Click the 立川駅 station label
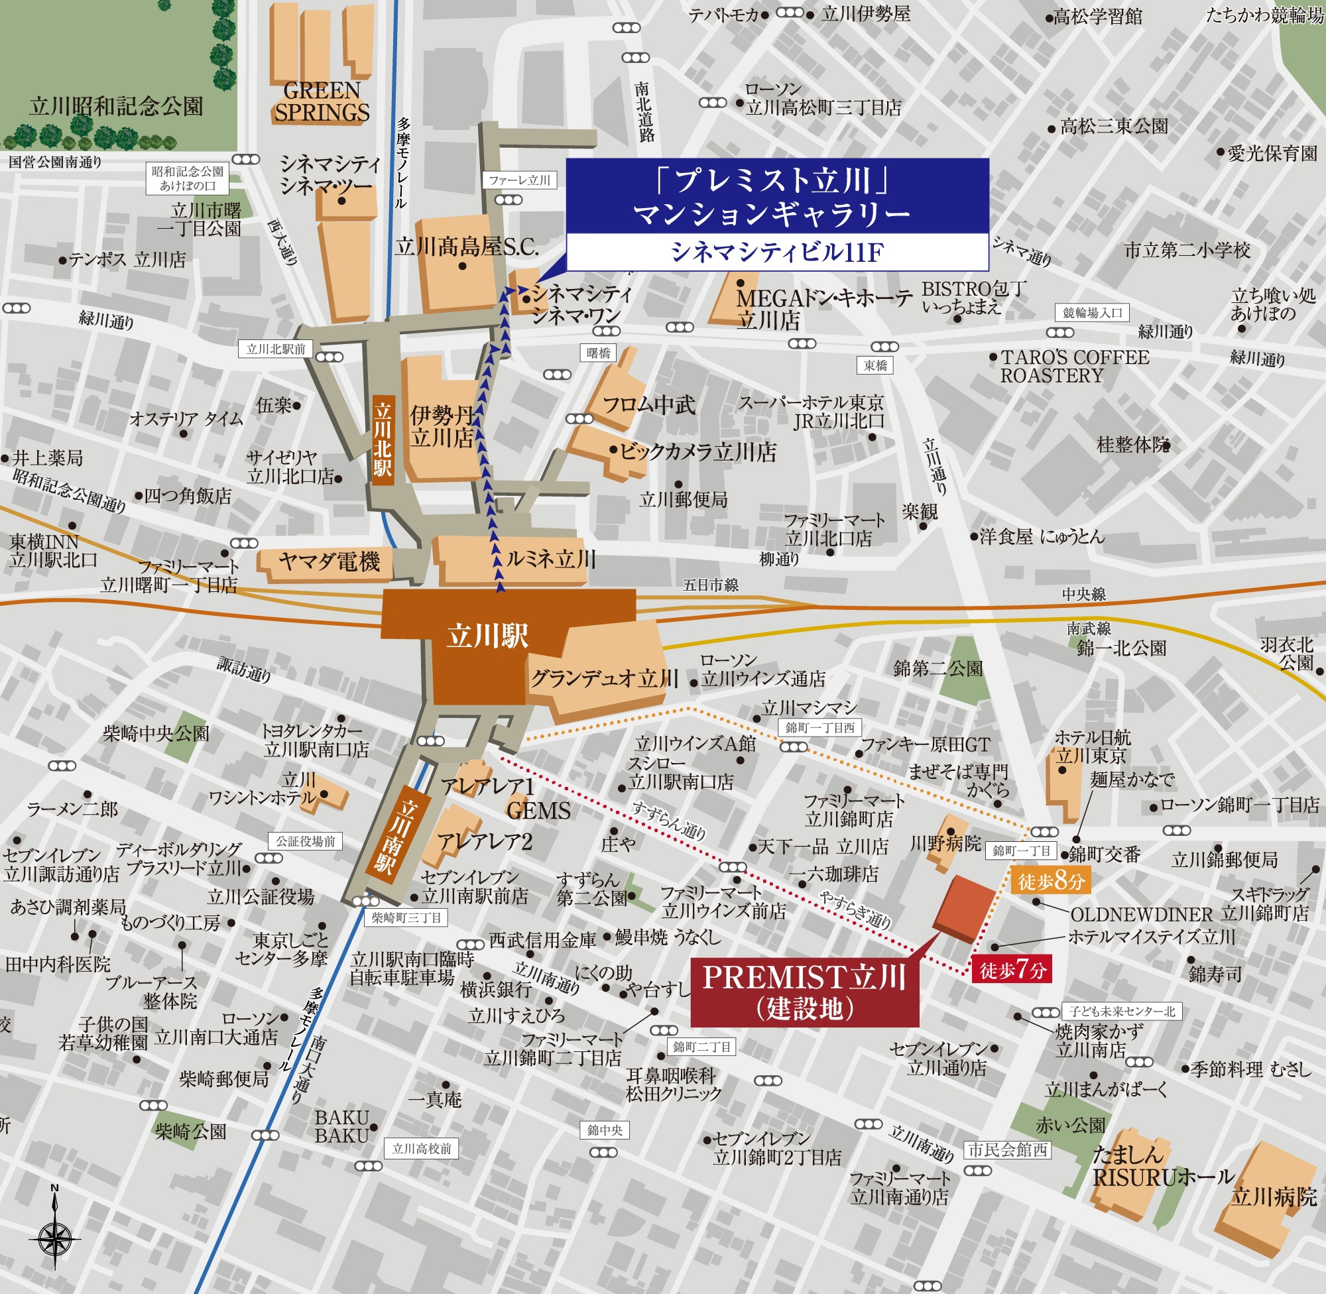tap(487, 636)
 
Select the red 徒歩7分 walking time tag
tap(1012, 970)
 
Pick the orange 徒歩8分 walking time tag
tap(1051, 882)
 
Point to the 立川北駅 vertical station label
tap(383, 440)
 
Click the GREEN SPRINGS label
tap(322, 101)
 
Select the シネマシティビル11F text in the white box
tap(777, 252)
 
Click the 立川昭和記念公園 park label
tap(116, 106)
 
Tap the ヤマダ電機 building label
tap(328, 561)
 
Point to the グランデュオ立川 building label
tap(604, 677)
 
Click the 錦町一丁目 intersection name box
tap(1022, 851)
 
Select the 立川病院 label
tap(1274, 1197)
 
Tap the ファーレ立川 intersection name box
tap(519, 180)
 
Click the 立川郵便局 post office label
tap(683, 500)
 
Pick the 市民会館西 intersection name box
tap(1006, 1150)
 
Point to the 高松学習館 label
tap(1097, 17)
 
